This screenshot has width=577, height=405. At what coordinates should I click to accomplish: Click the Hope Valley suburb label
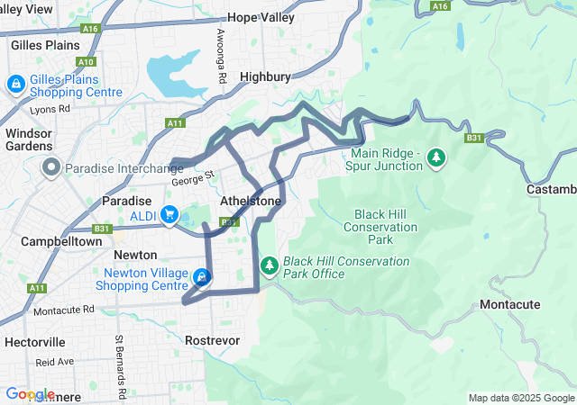pyautogui.click(x=261, y=17)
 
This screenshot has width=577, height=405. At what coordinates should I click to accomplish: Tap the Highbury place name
pyautogui.click(x=265, y=77)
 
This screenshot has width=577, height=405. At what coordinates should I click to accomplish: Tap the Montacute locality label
pyautogui.click(x=510, y=305)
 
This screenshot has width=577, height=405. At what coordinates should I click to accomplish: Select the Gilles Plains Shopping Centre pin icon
pyautogui.click(x=15, y=85)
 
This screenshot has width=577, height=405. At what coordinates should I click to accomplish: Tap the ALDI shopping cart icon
pyautogui.click(x=169, y=214)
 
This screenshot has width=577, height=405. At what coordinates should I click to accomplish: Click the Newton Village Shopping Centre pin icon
pyautogui.click(x=204, y=277)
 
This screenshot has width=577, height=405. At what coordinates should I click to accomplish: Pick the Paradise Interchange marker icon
pyautogui.click(x=51, y=167)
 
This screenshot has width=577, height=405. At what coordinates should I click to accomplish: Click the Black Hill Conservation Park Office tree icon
pyautogui.click(x=269, y=266)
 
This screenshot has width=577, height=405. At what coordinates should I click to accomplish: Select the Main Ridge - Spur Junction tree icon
pyautogui.click(x=436, y=158)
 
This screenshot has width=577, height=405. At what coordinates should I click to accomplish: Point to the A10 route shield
pyautogui.click(x=87, y=61)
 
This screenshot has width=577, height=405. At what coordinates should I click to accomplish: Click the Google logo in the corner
pyautogui.click(x=30, y=394)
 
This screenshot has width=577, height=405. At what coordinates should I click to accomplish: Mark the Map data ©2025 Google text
pyautogui.click(x=521, y=398)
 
